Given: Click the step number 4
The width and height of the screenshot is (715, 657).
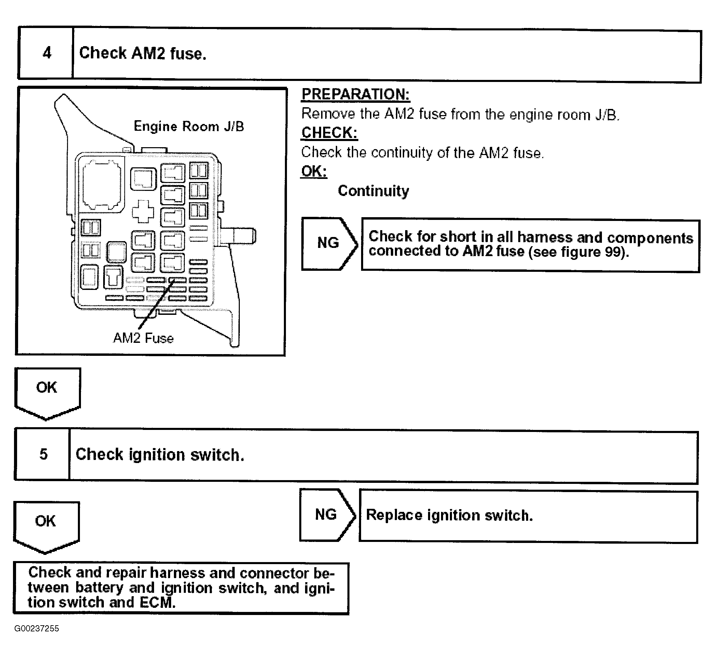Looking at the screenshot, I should tap(47, 53).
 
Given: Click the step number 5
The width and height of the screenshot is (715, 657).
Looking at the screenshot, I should tap(43, 455).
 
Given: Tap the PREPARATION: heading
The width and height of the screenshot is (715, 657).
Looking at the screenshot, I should tap(355, 95).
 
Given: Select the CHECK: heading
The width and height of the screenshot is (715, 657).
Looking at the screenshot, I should tap(329, 133).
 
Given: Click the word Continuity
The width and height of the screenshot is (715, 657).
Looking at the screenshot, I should tap(373, 191).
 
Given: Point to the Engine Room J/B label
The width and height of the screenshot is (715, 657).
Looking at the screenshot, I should tap(189, 127).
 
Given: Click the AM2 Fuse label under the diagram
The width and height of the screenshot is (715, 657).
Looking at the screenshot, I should tap(143, 338).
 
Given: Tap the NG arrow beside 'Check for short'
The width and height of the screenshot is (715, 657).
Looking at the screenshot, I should tap(328, 243).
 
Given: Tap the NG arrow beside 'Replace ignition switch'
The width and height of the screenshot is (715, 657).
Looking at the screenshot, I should tap(326, 515).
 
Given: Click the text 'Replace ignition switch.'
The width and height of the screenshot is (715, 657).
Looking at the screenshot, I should tap(449, 516).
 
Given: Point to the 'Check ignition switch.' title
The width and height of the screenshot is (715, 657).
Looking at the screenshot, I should tap(160, 455).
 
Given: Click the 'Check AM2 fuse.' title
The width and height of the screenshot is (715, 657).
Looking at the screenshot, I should tap(143, 54).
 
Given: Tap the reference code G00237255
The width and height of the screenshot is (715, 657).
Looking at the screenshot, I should tap(37, 639).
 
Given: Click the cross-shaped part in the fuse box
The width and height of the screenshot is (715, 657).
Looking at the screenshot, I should tap(143, 211).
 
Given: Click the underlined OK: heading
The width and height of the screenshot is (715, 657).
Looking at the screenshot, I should tap(314, 171).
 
